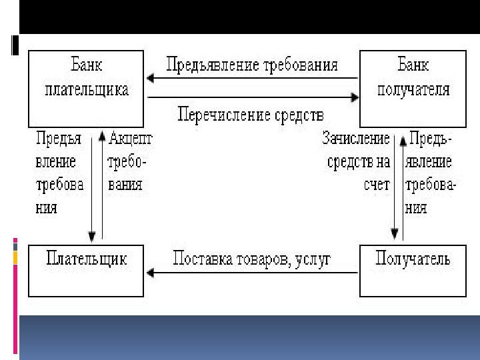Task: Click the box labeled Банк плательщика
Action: point(87,89)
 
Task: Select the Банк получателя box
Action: point(413,89)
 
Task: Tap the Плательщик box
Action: point(86,270)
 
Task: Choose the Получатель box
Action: point(413,270)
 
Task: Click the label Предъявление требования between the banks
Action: point(252,65)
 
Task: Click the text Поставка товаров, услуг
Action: point(251,259)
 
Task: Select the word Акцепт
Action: point(130,139)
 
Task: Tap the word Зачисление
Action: point(355,139)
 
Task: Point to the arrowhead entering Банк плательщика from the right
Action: point(151,79)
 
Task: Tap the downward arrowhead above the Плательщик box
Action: point(91,236)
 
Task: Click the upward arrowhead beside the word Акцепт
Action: point(102,137)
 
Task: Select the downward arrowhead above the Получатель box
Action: point(395,235)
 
